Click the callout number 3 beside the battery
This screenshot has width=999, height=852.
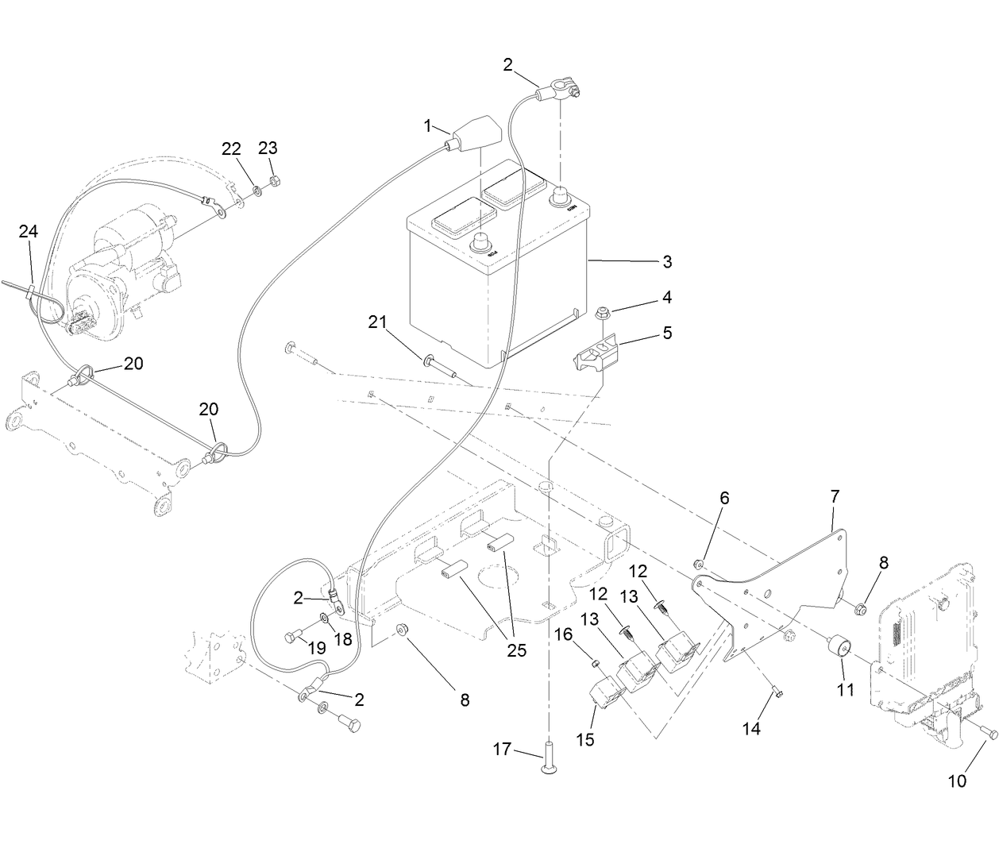pos(667,261)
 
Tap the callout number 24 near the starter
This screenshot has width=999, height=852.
pos(29,232)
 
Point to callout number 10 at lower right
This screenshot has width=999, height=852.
pos(958,781)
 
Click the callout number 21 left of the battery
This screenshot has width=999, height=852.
pos(377,322)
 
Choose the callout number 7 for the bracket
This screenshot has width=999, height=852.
pos(834,498)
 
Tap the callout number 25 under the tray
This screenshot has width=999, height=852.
pos(516,651)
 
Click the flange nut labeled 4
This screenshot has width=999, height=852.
pos(602,314)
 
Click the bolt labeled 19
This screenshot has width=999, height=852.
pos(291,636)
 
